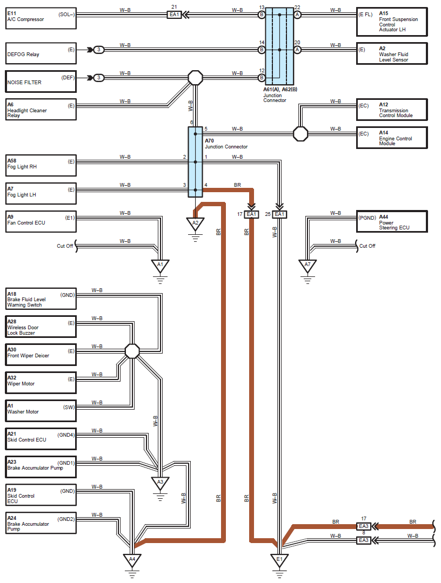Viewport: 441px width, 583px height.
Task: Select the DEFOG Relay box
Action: coord(41,54)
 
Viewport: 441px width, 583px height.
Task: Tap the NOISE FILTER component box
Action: coord(41,82)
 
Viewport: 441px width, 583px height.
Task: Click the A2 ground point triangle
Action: coord(195,223)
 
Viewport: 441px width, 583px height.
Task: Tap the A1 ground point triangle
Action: coord(160,266)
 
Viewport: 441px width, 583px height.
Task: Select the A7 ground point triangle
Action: coord(308,266)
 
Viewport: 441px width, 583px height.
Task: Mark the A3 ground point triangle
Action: coord(160,483)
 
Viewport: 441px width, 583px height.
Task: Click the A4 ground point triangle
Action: coord(132,560)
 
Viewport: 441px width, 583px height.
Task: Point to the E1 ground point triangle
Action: coord(279,560)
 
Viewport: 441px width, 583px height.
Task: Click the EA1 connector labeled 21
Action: coord(175,15)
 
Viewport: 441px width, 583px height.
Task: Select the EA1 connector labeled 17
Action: coord(251,214)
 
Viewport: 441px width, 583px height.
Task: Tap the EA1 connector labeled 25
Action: coord(279,214)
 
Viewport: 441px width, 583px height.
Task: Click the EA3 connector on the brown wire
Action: coord(364,526)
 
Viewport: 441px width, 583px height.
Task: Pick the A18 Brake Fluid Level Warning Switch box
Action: coord(41,299)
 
